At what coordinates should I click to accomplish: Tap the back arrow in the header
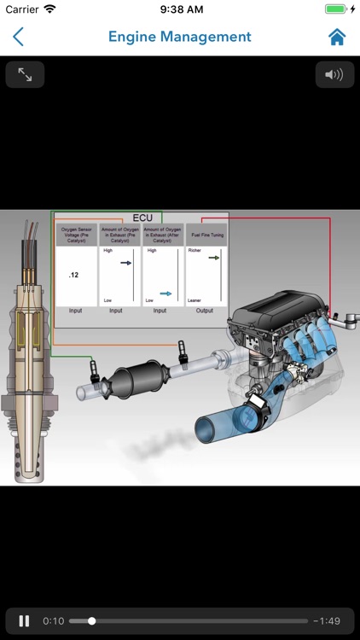tap(18, 37)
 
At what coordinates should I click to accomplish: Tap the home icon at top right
tap(337, 37)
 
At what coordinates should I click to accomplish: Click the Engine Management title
tap(179, 37)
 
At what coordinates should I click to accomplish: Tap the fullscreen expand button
tap(25, 75)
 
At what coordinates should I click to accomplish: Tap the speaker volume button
tap(334, 75)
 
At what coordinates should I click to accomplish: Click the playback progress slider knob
tap(92, 620)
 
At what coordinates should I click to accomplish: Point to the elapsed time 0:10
tap(53, 620)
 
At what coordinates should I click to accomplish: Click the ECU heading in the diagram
tap(142, 218)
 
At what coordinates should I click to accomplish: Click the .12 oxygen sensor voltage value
tap(74, 275)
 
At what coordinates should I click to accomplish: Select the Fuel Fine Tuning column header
tap(206, 235)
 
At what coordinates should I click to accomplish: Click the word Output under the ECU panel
tap(206, 311)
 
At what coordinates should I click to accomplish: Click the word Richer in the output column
tap(195, 251)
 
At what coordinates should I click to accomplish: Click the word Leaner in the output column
tap(196, 300)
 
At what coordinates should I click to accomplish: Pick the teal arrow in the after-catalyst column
tap(165, 293)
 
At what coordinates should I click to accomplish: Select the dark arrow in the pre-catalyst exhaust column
tap(125, 263)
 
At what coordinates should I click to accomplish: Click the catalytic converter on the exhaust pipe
tap(136, 375)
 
